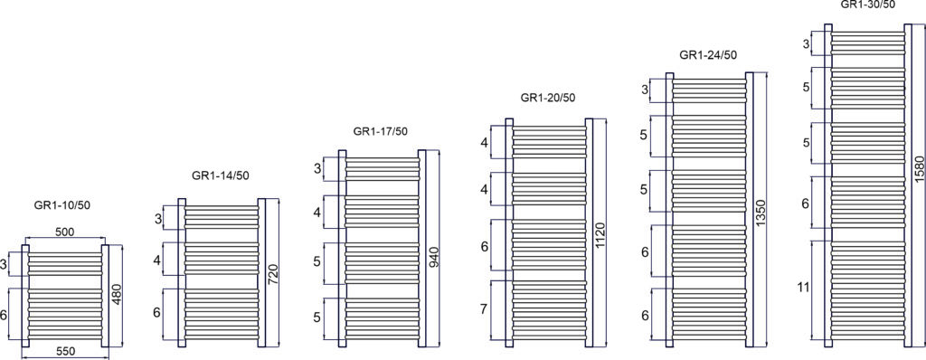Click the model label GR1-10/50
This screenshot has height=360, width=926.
(x=62, y=205)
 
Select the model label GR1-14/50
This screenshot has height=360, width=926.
(x=220, y=175)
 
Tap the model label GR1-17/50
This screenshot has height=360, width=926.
(x=381, y=131)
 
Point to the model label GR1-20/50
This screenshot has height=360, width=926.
(x=547, y=98)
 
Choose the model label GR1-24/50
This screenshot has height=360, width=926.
(x=708, y=55)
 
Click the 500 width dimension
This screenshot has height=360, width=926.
(x=65, y=232)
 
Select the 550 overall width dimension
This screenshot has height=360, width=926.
(x=65, y=351)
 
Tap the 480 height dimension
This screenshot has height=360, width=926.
(x=117, y=294)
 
